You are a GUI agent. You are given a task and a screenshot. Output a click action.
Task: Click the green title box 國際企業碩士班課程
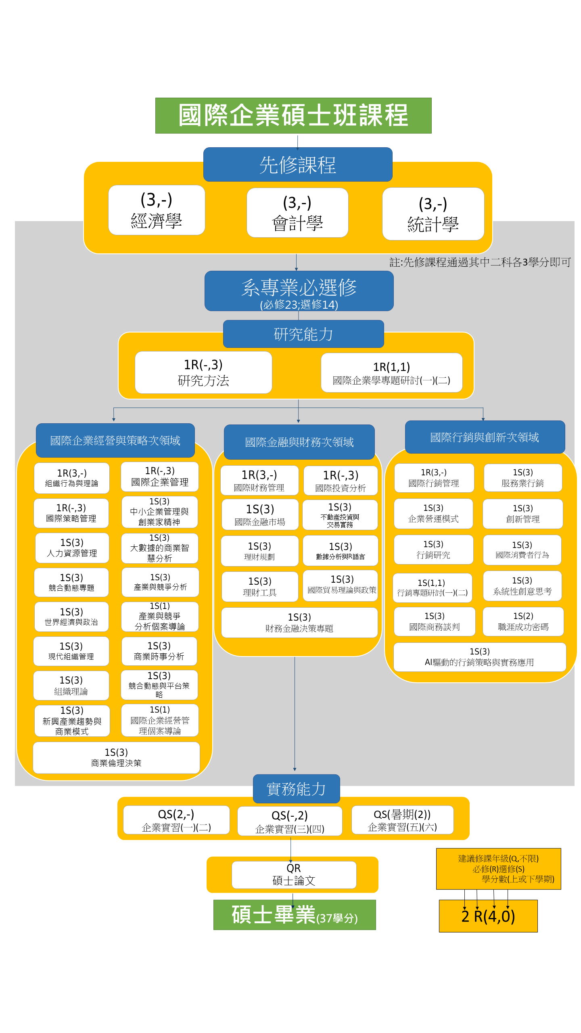point(293,115)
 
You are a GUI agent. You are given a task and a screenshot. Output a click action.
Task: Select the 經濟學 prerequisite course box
point(157,210)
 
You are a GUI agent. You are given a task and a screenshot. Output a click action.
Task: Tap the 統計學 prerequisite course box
point(433,214)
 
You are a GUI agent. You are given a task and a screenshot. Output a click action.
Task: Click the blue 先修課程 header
point(298,165)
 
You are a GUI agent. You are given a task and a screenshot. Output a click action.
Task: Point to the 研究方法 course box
point(203,372)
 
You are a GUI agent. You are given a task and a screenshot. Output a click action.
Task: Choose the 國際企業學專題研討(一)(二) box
point(391,373)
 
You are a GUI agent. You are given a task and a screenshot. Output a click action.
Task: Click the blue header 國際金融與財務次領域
point(299,442)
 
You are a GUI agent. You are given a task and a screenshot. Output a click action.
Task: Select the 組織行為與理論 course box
point(72,478)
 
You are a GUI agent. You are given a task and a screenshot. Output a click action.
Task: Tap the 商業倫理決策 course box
point(116,757)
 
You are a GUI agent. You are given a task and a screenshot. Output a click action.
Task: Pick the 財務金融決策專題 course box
point(299,623)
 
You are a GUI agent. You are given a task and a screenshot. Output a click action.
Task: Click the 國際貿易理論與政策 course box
point(342,585)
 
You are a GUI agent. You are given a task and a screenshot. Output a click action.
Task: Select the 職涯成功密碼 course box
point(523,621)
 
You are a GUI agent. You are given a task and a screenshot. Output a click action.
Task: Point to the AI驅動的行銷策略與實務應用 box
point(479,657)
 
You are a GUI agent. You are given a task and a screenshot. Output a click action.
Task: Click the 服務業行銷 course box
point(522,478)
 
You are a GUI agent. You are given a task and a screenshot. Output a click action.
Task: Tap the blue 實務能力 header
point(296,789)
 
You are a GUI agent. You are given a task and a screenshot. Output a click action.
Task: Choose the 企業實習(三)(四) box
point(290,821)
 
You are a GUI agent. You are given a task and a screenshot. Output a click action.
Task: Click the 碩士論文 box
point(294,875)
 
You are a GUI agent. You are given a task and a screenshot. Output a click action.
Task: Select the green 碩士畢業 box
point(295,915)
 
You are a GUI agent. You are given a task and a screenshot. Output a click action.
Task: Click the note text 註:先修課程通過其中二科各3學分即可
point(480,262)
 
